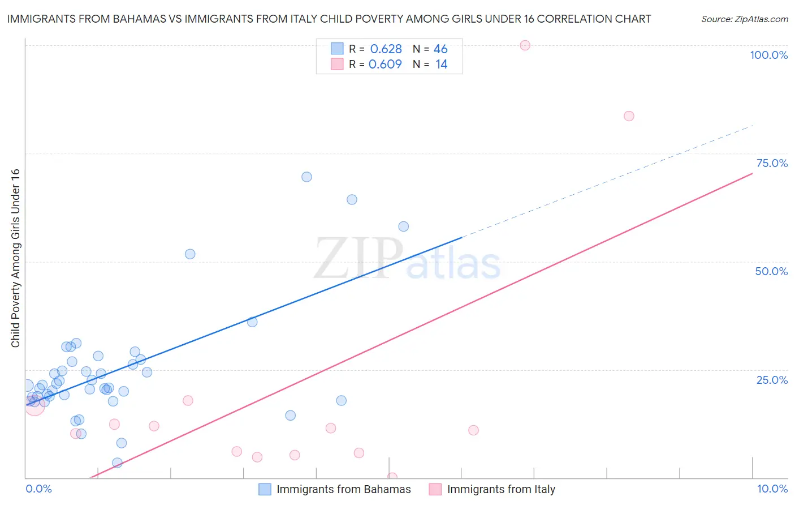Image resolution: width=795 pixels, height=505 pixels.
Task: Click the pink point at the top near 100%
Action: click(x=525, y=45)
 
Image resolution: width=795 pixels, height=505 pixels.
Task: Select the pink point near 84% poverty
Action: click(x=629, y=116)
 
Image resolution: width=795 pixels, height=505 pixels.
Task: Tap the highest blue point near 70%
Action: click(x=306, y=177)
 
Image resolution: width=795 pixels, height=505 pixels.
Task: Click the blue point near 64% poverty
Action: click(x=352, y=199)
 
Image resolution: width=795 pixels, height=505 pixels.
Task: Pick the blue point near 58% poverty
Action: click(x=403, y=226)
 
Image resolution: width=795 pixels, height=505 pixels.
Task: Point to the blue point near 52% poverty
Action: click(x=190, y=254)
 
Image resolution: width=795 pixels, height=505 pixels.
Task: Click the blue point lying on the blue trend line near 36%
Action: click(x=252, y=322)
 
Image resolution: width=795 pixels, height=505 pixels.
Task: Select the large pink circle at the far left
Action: click(x=34, y=405)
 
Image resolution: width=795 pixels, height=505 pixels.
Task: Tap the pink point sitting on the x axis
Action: click(x=392, y=477)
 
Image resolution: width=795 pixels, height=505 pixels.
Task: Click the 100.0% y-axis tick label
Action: click(x=768, y=55)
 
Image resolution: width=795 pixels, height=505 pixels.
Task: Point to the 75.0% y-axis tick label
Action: click(x=772, y=163)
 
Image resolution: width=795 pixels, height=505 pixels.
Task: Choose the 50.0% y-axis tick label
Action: click(x=771, y=271)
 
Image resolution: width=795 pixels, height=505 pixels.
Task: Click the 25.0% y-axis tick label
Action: click(x=772, y=380)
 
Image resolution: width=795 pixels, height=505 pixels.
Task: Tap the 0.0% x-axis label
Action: click(x=38, y=489)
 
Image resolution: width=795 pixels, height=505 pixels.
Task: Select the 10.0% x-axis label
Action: click(x=772, y=489)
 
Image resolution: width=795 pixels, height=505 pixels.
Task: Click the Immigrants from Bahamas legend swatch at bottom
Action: click(x=265, y=489)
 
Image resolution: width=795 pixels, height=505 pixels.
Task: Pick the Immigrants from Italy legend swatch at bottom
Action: click(x=435, y=489)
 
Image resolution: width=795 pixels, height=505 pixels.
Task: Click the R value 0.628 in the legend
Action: click(x=386, y=49)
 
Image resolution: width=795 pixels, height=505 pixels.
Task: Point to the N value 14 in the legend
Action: click(x=441, y=65)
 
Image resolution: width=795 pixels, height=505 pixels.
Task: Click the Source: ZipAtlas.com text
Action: click(x=744, y=19)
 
